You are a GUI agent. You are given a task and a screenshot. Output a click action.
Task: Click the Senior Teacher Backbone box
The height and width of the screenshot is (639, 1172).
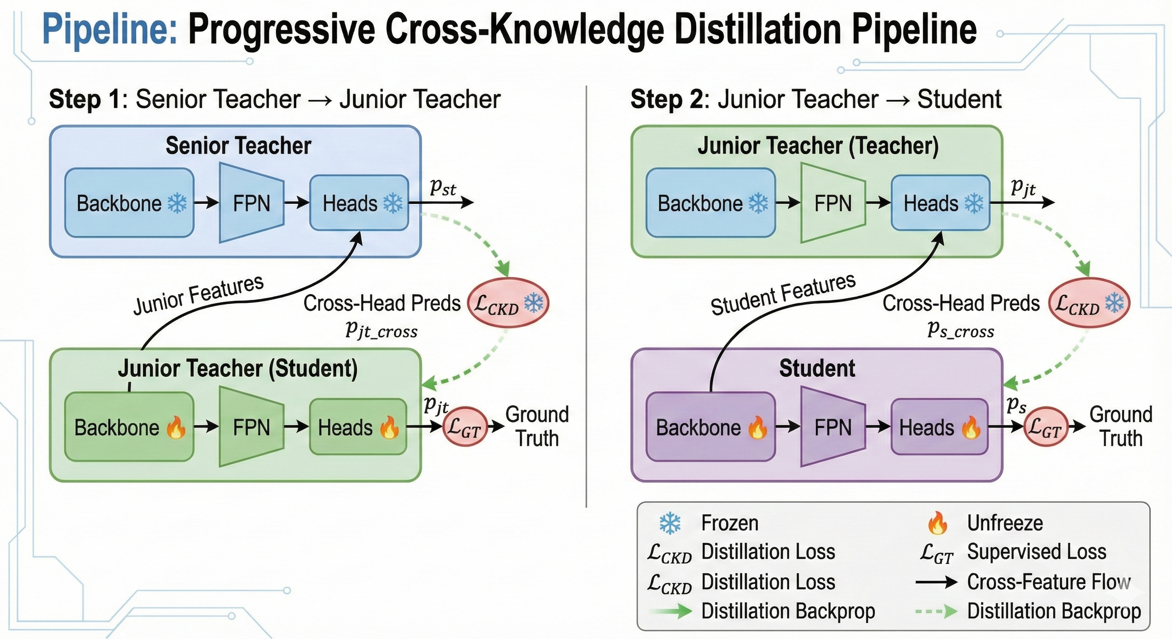tap(129, 203)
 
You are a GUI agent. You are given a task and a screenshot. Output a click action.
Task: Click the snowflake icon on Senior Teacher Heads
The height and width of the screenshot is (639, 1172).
tap(392, 203)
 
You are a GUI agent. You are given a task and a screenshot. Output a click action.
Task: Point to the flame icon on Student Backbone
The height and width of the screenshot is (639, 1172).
tap(757, 428)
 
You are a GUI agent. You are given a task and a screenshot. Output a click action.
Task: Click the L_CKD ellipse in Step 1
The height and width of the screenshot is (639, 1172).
tap(508, 303)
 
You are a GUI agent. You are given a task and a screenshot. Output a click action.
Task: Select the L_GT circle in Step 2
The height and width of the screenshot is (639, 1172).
tap(1045, 426)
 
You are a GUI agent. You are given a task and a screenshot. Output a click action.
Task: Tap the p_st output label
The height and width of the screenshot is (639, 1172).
tap(443, 186)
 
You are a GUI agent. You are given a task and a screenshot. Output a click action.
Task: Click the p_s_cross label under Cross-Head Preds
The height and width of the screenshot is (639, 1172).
tap(961, 330)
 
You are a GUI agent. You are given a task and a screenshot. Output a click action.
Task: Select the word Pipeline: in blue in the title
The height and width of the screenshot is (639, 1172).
tap(109, 30)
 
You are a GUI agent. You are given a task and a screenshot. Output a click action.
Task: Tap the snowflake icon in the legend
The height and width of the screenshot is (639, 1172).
tap(670, 523)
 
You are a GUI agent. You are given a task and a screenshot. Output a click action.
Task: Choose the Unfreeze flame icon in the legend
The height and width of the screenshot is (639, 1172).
tap(938, 523)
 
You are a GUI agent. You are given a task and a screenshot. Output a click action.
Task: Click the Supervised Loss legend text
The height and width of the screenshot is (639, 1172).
tap(1036, 552)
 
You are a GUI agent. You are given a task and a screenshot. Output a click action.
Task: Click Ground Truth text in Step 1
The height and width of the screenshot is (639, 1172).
tap(537, 426)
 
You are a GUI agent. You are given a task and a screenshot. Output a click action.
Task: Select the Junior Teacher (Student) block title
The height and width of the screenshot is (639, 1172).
tap(238, 369)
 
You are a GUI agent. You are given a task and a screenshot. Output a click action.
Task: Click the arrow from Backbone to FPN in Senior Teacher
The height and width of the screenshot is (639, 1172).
tap(206, 203)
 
